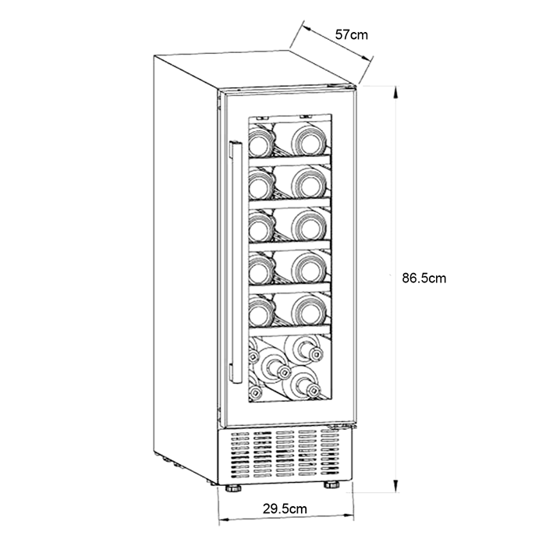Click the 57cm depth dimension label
(351, 35)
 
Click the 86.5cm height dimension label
(424, 278)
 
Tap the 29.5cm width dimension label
(285, 509)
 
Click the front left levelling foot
(232, 488)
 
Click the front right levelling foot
(331, 484)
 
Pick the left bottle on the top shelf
(260, 144)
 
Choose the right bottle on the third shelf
(309, 225)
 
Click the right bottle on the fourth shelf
(309, 268)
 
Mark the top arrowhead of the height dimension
(395, 93)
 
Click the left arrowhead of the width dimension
(225, 519)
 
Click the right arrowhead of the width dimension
(348, 517)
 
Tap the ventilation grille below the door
(284, 454)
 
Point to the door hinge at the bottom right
(343, 426)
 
